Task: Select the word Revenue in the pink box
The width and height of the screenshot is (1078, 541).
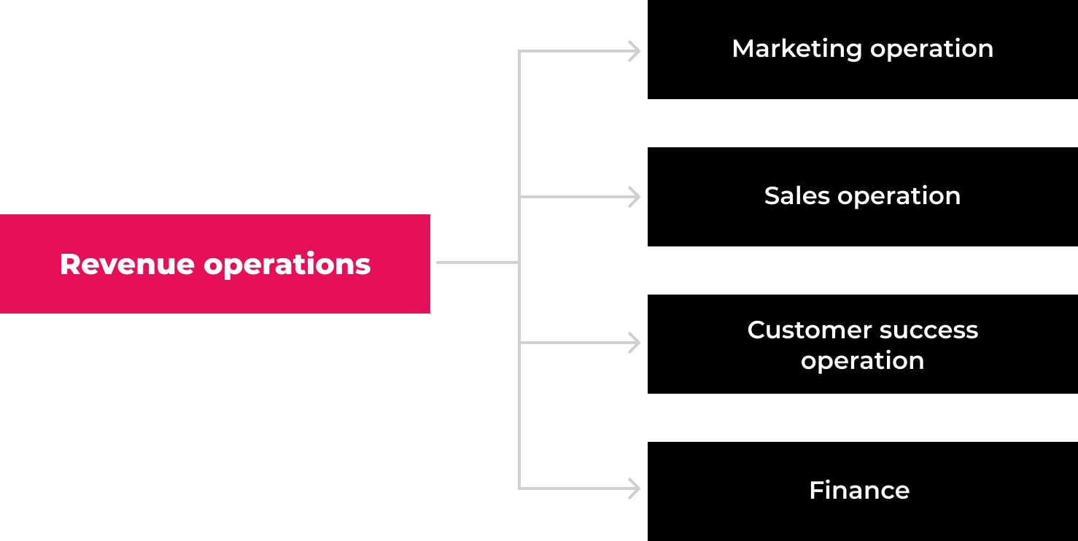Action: point(128,264)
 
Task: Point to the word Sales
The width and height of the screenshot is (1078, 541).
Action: point(797,195)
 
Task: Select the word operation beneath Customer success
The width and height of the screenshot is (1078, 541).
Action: point(862,362)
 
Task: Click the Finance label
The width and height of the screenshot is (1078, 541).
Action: point(859,490)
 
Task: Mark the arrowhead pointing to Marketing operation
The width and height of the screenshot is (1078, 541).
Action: point(635,51)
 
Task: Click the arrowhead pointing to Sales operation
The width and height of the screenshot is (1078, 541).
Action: point(635,197)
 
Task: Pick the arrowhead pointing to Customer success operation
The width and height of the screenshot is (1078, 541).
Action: point(635,343)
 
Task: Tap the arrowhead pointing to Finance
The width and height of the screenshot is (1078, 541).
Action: point(635,489)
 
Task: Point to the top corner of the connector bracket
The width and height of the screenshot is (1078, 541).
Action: point(519,51)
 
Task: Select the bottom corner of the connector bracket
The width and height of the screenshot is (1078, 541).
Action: point(519,489)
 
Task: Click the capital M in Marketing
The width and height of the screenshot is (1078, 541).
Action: point(744,49)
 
